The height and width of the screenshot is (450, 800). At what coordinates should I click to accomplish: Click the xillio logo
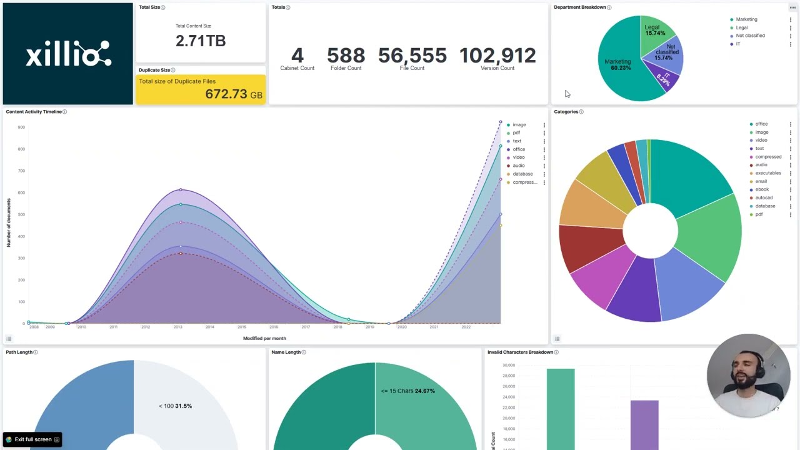click(x=68, y=54)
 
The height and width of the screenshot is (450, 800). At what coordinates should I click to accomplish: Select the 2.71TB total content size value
click(x=201, y=41)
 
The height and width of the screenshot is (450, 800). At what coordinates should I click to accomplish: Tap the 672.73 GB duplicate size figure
click(x=234, y=94)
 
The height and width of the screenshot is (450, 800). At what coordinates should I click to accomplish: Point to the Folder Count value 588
click(x=346, y=56)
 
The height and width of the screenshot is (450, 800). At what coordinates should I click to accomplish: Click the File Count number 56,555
click(x=412, y=56)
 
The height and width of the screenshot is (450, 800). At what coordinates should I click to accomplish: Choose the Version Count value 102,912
click(x=497, y=56)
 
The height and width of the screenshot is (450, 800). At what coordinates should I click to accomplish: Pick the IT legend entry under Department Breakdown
click(x=738, y=44)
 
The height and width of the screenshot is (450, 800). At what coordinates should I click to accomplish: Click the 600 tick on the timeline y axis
click(x=21, y=192)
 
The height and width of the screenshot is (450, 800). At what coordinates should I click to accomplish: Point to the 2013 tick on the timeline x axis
click(x=177, y=327)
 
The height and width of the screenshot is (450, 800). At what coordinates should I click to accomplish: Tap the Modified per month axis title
click(x=264, y=338)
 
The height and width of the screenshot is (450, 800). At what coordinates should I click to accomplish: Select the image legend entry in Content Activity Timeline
click(x=519, y=125)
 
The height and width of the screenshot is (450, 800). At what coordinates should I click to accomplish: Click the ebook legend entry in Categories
click(x=761, y=189)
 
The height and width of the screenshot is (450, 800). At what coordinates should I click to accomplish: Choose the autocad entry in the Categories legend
click(x=763, y=197)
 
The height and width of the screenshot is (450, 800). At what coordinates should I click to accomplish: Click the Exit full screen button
click(x=32, y=439)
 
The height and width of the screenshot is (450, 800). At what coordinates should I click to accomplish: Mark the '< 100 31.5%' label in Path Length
click(x=175, y=406)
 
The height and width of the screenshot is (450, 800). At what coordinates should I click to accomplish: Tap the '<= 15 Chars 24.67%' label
click(x=407, y=391)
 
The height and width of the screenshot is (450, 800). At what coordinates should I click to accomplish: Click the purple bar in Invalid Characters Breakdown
click(x=644, y=425)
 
